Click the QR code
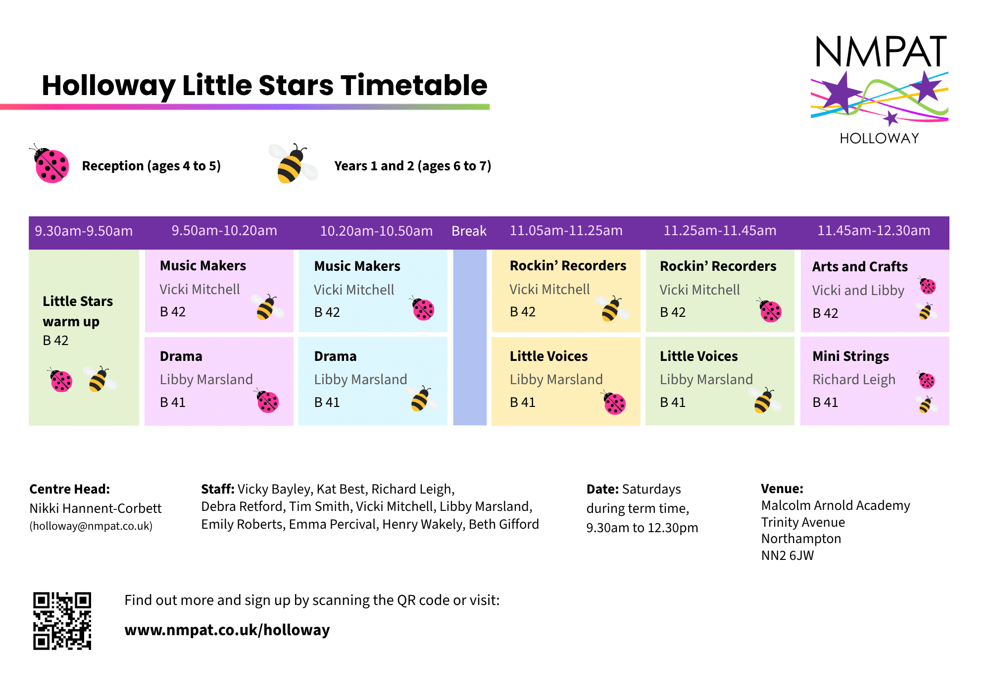click(62, 621)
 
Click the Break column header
click(469, 231)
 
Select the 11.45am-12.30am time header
click(874, 231)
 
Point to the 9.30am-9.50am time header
click(84, 231)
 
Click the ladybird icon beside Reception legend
click(49, 164)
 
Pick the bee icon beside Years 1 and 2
click(293, 163)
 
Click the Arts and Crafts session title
click(860, 266)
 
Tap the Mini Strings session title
click(850, 356)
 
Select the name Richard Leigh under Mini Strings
click(854, 380)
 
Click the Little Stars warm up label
click(78, 311)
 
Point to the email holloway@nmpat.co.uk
click(91, 526)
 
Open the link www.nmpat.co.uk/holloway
click(227, 630)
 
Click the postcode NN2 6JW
click(788, 555)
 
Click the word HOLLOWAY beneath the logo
click(880, 138)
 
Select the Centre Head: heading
click(70, 489)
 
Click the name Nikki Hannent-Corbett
click(96, 508)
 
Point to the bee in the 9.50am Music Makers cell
click(267, 307)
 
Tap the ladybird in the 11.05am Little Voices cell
click(614, 403)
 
